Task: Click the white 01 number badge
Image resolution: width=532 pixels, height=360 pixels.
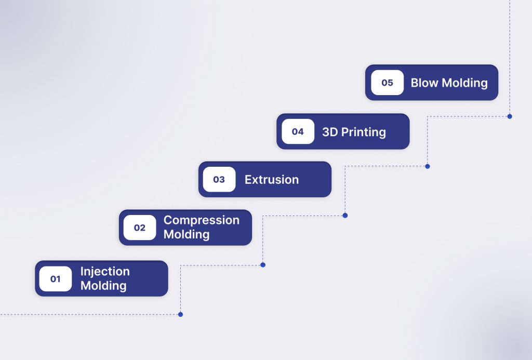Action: tap(55, 278)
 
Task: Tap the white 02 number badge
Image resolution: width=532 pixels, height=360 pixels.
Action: tap(139, 228)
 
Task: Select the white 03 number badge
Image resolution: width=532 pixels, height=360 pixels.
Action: tap(219, 179)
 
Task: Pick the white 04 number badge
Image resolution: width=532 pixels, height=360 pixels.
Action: tap(298, 131)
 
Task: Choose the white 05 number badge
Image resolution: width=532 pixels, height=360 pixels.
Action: tap(387, 83)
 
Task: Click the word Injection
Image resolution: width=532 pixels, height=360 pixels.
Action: tap(105, 272)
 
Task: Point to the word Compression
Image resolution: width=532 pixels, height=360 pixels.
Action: tap(202, 221)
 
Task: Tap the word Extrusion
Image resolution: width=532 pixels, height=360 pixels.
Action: tap(272, 180)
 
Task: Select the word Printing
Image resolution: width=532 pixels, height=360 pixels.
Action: tap(363, 132)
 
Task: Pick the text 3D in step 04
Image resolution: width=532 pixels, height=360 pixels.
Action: tap(330, 132)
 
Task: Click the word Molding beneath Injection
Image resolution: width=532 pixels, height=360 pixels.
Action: tap(103, 286)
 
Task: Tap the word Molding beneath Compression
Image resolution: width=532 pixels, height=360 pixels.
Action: tap(187, 234)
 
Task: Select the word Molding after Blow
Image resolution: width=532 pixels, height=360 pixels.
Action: tap(465, 83)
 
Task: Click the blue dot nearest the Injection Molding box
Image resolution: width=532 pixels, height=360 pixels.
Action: tap(180, 314)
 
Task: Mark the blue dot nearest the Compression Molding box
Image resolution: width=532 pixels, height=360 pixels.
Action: tap(263, 265)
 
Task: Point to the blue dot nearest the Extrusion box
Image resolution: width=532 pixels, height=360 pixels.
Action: tap(345, 216)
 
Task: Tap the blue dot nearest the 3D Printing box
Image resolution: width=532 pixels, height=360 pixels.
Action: tap(428, 166)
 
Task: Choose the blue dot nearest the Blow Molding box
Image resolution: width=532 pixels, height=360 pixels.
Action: tap(510, 116)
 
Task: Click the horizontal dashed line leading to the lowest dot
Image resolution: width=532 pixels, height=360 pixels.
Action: tap(89, 314)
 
